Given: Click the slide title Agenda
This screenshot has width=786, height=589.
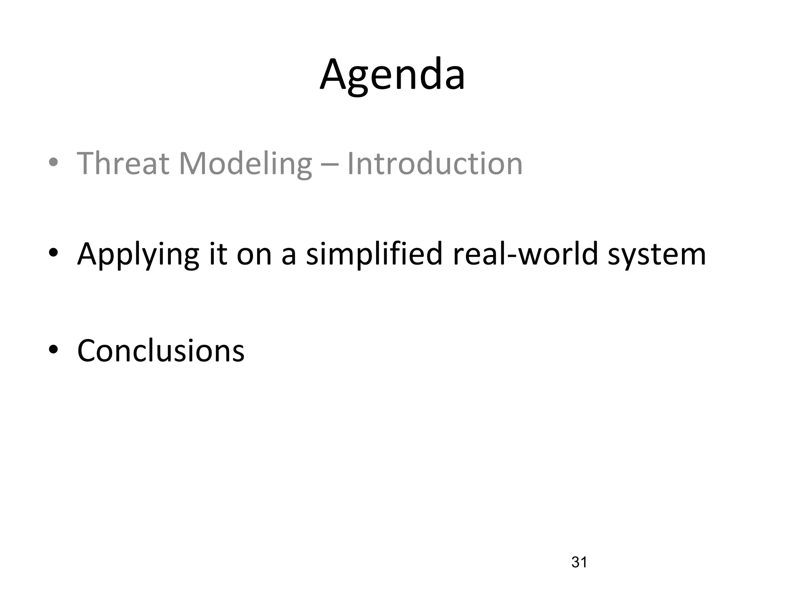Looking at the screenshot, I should pyautogui.click(x=392, y=75).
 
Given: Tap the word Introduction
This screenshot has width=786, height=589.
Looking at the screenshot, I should pyautogui.click(x=435, y=164).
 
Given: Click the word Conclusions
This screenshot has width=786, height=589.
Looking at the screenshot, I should pyautogui.click(x=161, y=350).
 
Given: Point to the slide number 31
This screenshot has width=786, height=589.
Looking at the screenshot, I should pyautogui.click(x=579, y=562).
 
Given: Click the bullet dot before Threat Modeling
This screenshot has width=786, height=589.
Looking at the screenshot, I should pyautogui.click(x=53, y=162).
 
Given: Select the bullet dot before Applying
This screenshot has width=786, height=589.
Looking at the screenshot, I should pyautogui.click(x=53, y=253).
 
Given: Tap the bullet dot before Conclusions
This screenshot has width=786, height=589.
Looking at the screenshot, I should pyautogui.click(x=53, y=349).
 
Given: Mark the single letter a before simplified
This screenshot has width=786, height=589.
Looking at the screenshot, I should pyautogui.click(x=289, y=256).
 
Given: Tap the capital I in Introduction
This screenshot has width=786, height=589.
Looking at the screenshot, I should pyautogui.click(x=350, y=164).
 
